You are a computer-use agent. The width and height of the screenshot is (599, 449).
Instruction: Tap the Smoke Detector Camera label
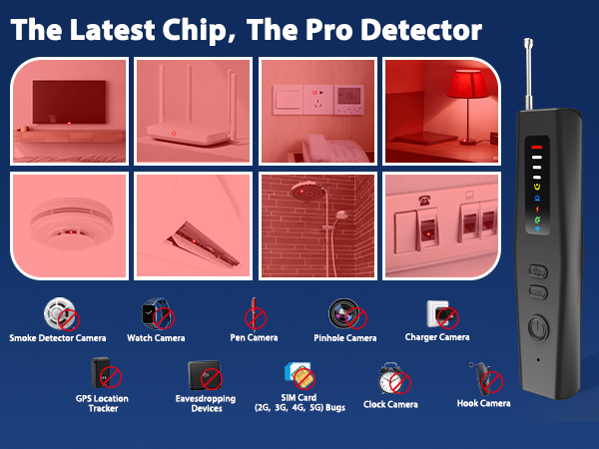click(57, 338)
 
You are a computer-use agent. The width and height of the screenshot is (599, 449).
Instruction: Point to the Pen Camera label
click(254, 338)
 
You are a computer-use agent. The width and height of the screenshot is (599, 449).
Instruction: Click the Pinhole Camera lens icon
click(344, 314)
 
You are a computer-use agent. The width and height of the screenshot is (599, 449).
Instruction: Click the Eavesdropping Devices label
click(207, 403)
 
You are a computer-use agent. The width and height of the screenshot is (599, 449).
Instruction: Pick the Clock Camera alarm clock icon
click(390, 380)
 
